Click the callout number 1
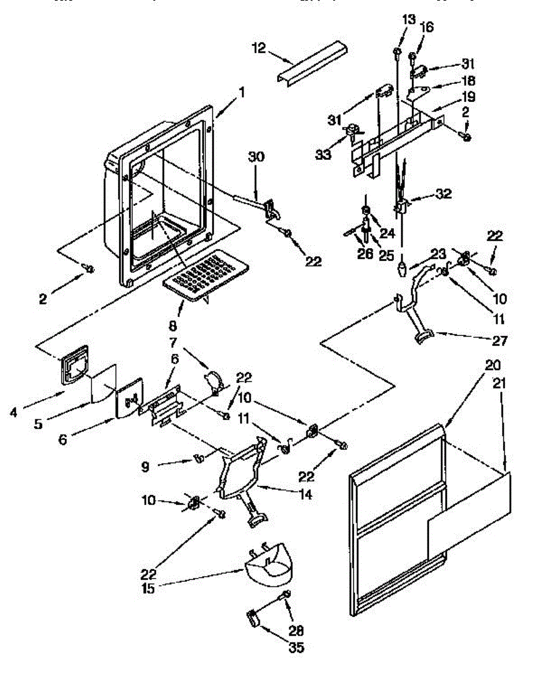[242, 91]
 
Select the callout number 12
[259, 49]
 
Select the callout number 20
[494, 365]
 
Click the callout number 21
[501, 382]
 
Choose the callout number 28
[297, 631]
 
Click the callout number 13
[409, 19]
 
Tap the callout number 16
[427, 27]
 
